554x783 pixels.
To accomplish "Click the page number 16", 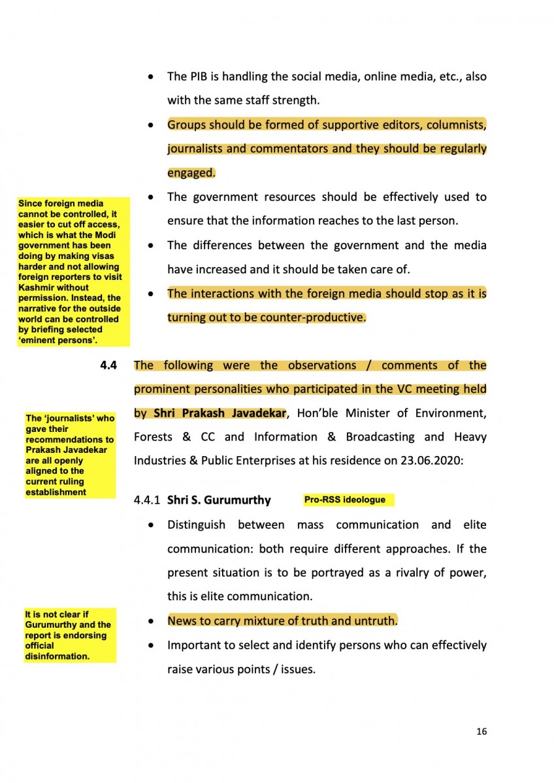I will click(x=481, y=731).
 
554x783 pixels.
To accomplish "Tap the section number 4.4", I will click(x=108, y=366).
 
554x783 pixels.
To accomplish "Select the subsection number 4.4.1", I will click(x=148, y=500).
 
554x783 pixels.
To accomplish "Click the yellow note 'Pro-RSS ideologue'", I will click(x=345, y=500).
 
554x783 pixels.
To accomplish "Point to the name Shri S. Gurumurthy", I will click(x=219, y=500).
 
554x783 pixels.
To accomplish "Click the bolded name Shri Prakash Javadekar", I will click(x=220, y=414).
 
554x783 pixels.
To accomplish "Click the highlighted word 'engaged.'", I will click(x=191, y=173).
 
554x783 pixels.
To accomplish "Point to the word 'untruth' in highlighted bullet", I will click(x=374, y=621).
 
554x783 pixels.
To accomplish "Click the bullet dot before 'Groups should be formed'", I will click(x=152, y=125).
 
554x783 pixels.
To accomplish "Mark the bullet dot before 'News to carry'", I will click(x=152, y=621).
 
